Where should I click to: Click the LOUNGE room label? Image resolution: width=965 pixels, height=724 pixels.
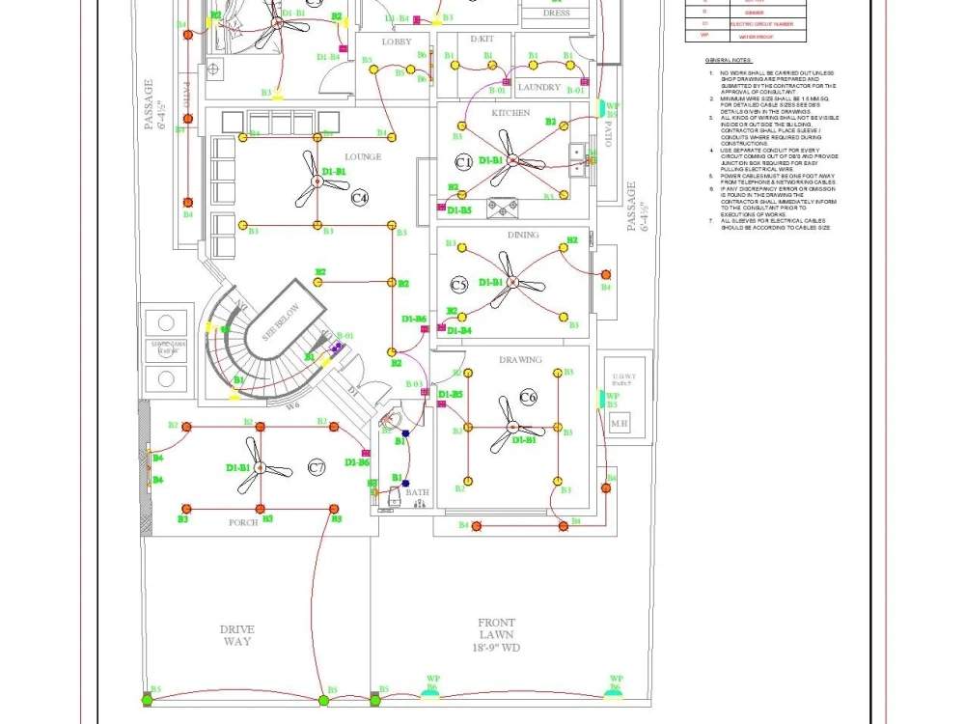363,156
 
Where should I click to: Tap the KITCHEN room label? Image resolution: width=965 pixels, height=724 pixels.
510,113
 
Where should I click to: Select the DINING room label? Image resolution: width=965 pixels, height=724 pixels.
523,235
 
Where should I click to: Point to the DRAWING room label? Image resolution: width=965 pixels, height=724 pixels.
520,360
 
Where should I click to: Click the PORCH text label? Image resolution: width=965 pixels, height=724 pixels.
243,523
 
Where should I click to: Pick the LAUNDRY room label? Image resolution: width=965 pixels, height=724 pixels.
538,88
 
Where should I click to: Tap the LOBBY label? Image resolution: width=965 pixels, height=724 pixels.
397,42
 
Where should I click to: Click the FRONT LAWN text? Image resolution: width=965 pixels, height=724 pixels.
496,635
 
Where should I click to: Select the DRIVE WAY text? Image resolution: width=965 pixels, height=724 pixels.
237,635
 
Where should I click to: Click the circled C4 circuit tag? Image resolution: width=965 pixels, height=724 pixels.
360,198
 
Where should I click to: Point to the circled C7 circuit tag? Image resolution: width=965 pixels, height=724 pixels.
317,468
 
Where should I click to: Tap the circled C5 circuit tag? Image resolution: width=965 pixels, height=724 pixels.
459,285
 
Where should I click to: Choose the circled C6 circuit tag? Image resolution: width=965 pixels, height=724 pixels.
528,398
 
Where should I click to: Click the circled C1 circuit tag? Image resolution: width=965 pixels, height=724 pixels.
463,161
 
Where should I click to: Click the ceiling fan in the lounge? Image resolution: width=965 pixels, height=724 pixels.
316,181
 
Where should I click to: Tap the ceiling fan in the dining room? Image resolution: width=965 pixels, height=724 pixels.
512,283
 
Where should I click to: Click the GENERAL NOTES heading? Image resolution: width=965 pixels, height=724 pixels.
728,60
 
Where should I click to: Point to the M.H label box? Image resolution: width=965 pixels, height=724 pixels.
619,424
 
